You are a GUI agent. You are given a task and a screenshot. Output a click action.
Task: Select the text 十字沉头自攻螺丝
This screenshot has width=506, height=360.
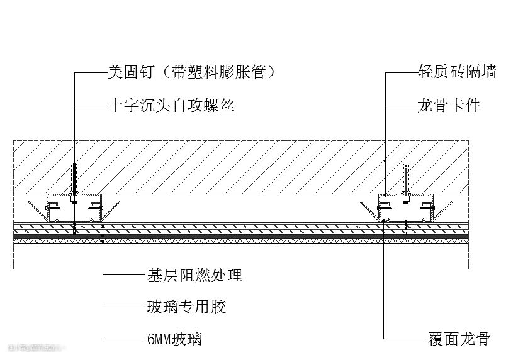click(171, 105)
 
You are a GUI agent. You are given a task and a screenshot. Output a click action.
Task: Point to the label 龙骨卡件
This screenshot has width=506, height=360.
click(449, 105)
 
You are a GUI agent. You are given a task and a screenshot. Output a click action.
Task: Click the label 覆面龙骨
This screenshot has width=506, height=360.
click(458, 340)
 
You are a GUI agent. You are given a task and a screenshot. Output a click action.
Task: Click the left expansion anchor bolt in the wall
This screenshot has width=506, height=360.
click(74, 178)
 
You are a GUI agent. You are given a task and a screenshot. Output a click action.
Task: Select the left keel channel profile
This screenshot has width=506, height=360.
click(74, 209)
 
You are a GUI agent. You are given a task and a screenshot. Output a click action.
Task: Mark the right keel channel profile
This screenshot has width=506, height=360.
click(406, 209)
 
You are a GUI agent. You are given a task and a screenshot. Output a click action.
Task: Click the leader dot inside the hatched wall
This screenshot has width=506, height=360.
click(385, 161)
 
